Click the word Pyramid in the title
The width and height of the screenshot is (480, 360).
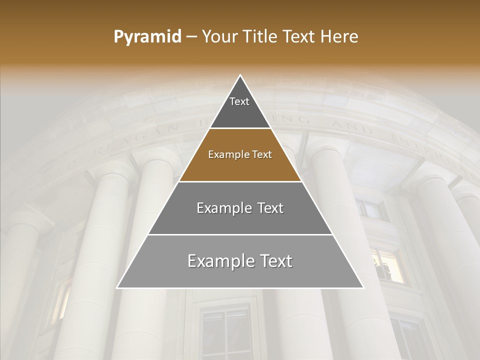point(147,37)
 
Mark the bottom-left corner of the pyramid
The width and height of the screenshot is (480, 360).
point(117,287)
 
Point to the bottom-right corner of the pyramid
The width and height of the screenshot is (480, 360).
point(363,287)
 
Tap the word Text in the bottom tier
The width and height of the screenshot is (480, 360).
point(275,261)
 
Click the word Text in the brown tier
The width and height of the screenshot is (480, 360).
point(261,155)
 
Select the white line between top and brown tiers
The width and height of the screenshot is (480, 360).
point(240,128)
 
